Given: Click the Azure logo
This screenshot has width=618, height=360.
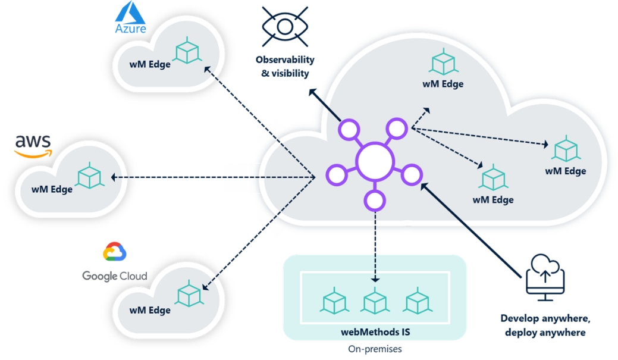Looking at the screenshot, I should (x=130, y=17).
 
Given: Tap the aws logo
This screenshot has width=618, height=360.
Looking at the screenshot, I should (x=33, y=145).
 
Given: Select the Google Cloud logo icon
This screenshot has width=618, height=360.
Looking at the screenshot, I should (x=115, y=253).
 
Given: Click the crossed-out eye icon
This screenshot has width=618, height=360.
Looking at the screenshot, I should (x=285, y=27).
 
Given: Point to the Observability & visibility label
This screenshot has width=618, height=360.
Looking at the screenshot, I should (x=285, y=67).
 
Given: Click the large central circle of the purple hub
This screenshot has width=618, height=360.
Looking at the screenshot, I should (x=375, y=161).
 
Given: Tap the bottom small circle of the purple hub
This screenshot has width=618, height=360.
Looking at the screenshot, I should (x=374, y=201).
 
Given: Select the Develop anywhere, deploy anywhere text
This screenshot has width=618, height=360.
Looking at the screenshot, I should (x=545, y=325).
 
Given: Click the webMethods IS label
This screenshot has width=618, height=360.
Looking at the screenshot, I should (x=375, y=331).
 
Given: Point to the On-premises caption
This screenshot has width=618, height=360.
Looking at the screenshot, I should (x=375, y=349).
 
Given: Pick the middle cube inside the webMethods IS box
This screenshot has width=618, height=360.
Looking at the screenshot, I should (x=375, y=300).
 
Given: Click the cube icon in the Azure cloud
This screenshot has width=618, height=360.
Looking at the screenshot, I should (x=188, y=51).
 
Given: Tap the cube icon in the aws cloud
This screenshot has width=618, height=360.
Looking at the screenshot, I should (x=89, y=176).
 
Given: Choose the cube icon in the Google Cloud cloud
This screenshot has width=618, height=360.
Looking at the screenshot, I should (x=189, y=295).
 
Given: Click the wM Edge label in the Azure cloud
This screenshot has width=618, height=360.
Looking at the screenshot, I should (x=150, y=64).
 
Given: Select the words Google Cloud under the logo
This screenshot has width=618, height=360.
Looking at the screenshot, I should (x=115, y=276).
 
